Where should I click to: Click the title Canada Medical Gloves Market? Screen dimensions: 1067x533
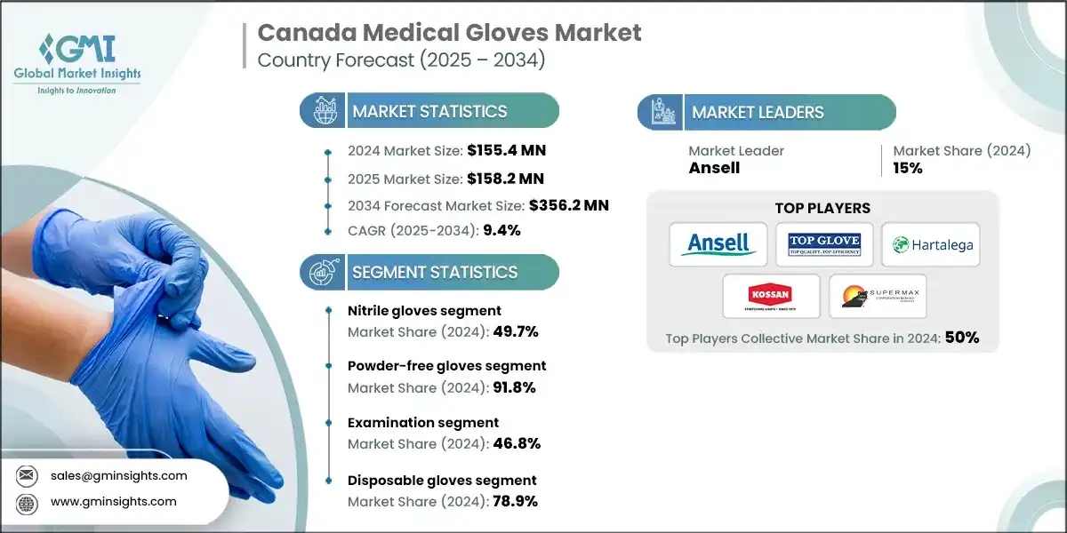click(449, 34)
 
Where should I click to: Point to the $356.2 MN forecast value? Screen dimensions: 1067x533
click(569, 205)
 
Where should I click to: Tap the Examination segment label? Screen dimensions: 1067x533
click(423, 423)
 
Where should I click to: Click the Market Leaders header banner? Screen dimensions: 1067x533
click(766, 112)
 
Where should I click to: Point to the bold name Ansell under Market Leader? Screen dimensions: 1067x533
click(714, 168)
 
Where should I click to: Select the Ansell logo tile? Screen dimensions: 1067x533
click(718, 244)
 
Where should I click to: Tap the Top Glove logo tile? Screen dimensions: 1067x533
click(824, 244)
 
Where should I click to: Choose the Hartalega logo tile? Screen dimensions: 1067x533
click(931, 244)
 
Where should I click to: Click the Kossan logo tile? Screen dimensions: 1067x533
click(771, 296)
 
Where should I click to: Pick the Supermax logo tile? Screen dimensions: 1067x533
click(878, 296)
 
